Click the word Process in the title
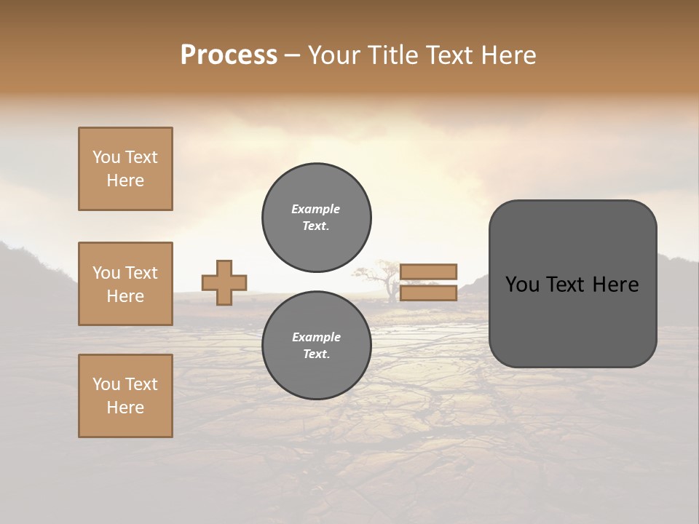click(229, 55)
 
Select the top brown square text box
click(125, 169)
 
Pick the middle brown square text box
click(125, 284)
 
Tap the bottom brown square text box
click(125, 396)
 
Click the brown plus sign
click(224, 282)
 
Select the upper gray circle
click(317, 217)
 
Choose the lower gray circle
click(317, 345)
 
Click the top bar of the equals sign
click(429, 271)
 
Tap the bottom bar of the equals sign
click(429, 293)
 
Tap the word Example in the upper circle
click(316, 209)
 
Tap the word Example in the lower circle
click(316, 337)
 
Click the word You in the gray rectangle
click(522, 285)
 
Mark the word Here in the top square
click(125, 180)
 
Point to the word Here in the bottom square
click(125, 408)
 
